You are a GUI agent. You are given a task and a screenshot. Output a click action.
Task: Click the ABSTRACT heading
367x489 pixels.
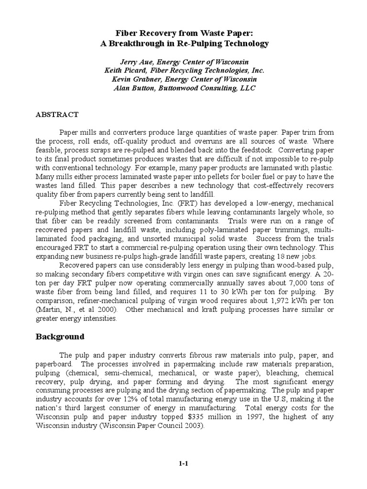click(57, 115)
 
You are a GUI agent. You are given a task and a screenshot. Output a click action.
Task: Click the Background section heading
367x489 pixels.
click(60, 337)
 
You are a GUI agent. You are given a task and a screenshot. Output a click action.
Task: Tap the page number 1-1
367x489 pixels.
click(183, 463)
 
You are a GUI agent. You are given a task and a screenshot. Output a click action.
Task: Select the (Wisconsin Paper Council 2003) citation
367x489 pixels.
click(148, 425)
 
